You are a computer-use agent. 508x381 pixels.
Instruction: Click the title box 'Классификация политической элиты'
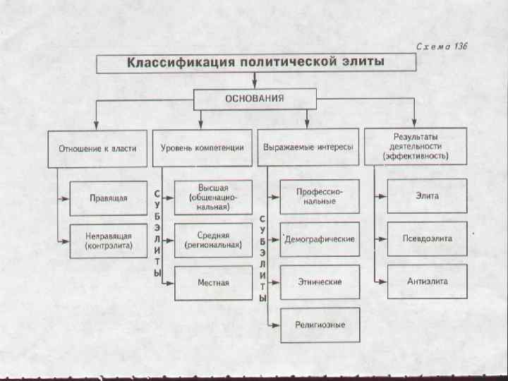(x=255, y=64)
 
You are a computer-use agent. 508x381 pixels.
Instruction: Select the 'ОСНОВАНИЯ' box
(x=254, y=99)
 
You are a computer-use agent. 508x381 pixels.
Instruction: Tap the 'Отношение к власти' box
(x=97, y=148)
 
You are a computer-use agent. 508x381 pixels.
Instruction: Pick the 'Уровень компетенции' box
(x=202, y=148)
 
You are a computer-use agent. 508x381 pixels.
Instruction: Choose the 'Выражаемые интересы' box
(x=308, y=148)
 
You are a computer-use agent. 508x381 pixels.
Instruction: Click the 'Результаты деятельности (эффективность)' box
(x=415, y=147)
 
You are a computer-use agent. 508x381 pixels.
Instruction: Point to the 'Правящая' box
(x=109, y=198)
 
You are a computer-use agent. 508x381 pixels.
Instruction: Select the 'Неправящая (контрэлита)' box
(x=109, y=241)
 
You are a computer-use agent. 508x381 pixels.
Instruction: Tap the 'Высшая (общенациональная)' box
(x=213, y=197)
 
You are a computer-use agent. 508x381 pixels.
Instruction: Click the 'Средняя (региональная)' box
(x=213, y=241)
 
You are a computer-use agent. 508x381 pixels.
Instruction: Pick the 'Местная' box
(x=213, y=282)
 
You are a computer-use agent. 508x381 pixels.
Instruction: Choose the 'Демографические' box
(x=319, y=240)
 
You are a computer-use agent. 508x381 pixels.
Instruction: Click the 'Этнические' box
(x=319, y=282)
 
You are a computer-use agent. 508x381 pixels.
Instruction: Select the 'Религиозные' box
(x=319, y=325)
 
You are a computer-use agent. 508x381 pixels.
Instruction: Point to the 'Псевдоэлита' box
(x=427, y=239)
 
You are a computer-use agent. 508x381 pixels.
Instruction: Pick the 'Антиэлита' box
(x=427, y=282)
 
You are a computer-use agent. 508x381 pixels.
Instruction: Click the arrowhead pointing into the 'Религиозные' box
(x=276, y=325)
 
